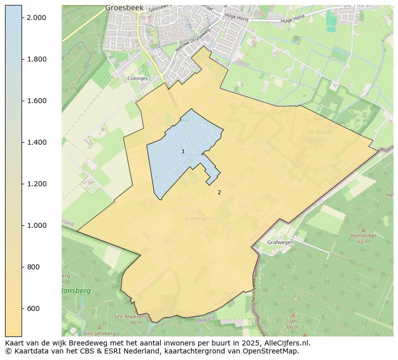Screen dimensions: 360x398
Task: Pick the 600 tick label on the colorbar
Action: [x=33, y=308]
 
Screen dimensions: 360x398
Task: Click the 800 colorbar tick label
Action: [x=33, y=267]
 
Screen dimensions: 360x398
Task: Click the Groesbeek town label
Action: [x=124, y=8]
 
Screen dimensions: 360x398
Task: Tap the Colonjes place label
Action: [x=137, y=79]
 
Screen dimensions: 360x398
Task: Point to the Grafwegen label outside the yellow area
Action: [x=280, y=242]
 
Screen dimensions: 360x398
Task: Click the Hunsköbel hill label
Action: [x=363, y=235]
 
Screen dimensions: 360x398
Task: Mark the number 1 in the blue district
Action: [x=183, y=151]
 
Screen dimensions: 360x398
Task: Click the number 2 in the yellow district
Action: [x=219, y=192]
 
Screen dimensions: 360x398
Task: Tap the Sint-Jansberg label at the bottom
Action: [x=100, y=333]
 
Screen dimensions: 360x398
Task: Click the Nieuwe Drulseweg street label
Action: [x=192, y=40]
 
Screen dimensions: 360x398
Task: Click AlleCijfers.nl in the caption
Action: [x=287, y=343]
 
